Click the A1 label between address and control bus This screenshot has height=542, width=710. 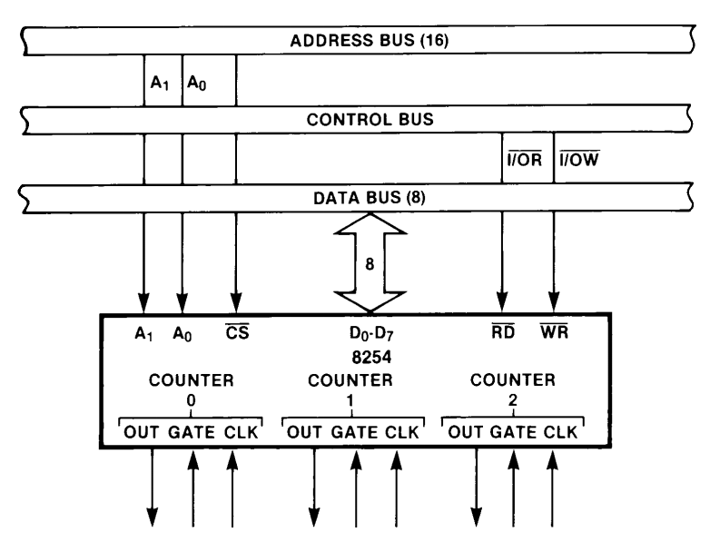(x=158, y=81)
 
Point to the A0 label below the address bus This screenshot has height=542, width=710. (x=197, y=81)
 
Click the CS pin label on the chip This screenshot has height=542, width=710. (x=237, y=331)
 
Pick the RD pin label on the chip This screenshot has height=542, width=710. (x=502, y=331)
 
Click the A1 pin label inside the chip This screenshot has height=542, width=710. (x=144, y=331)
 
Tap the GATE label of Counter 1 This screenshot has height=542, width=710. (x=354, y=432)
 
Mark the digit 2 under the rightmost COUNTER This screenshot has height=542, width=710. (x=514, y=399)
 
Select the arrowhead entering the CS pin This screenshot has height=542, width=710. (x=237, y=304)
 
